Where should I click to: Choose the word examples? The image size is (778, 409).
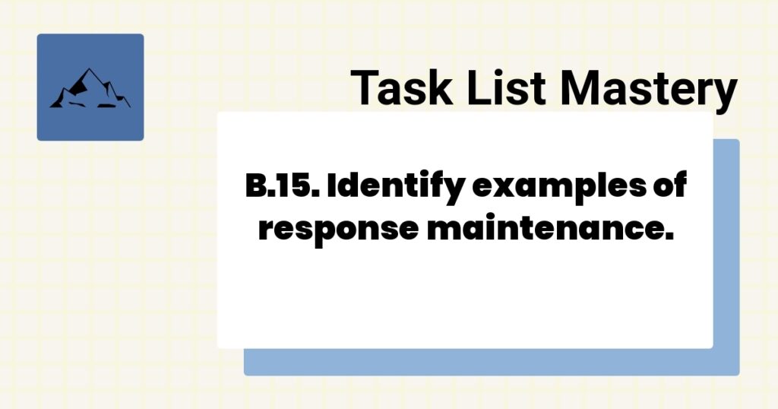point(559,187)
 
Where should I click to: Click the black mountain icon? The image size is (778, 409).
point(90,90)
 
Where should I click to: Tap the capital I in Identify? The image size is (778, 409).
point(331,185)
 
